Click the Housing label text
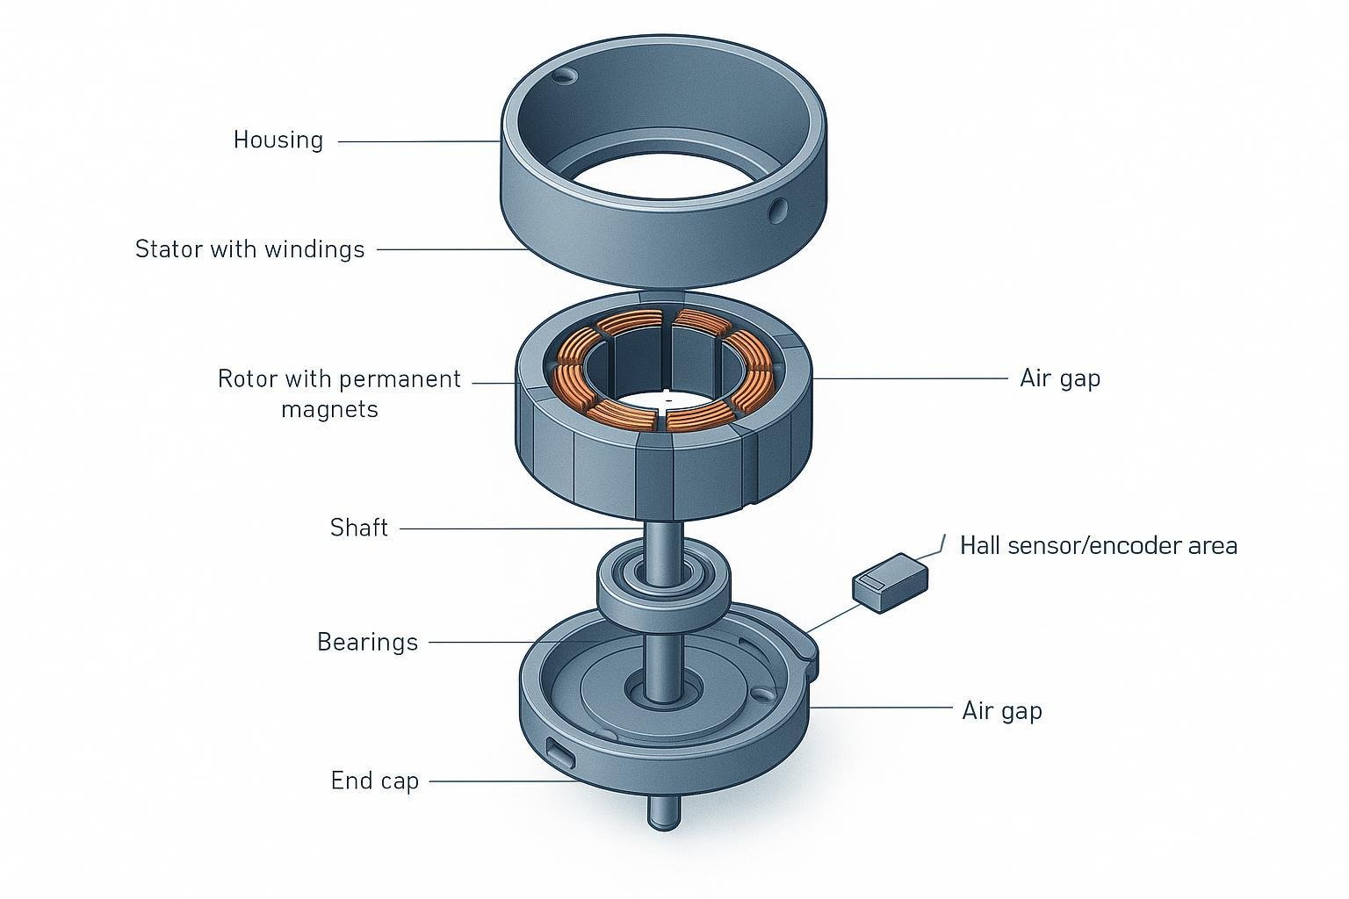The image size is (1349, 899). [278, 140]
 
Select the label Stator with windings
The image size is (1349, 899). [249, 249]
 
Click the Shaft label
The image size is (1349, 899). [358, 528]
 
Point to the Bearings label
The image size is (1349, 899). [367, 642]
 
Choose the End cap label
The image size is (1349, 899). [374, 780]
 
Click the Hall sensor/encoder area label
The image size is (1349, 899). [1098, 545]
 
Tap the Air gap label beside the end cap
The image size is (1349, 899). [1001, 709]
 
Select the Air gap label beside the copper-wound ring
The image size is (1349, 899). [1059, 378]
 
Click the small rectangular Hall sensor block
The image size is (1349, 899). [890, 582]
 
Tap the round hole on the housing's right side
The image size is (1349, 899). [777, 210]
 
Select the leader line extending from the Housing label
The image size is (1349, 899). [418, 141]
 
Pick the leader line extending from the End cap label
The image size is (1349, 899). [501, 780]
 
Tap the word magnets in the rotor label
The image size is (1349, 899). [329, 409]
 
